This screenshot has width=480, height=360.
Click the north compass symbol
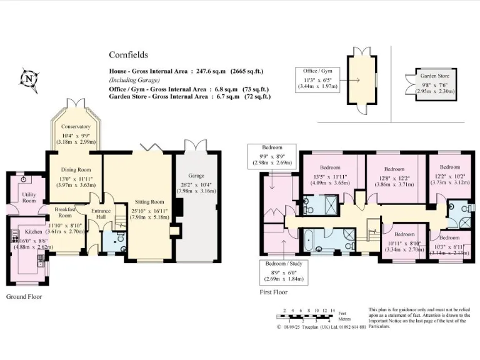(27, 78)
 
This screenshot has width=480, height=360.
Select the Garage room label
(196, 176)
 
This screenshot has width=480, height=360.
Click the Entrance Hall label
(101, 215)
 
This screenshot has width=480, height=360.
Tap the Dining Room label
(76, 169)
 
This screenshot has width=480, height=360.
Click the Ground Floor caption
(24, 297)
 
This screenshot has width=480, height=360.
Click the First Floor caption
(273, 292)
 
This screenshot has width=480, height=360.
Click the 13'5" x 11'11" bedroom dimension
(329, 180)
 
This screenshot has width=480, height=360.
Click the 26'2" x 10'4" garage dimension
(197, 187)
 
